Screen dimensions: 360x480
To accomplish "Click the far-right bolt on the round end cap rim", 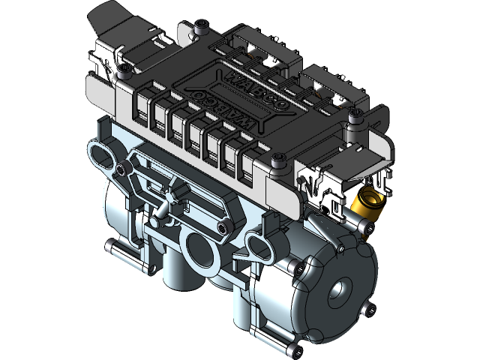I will [367, 307].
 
